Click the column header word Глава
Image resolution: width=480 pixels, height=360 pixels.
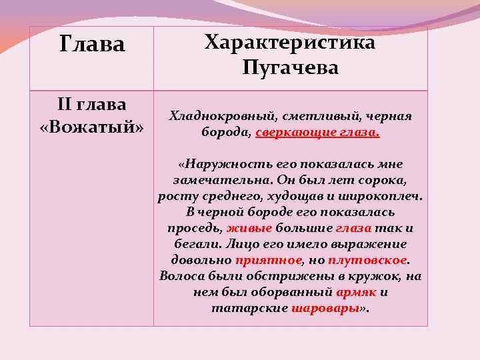tap(92, 45)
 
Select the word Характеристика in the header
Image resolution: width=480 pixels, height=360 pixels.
tap(290, 43)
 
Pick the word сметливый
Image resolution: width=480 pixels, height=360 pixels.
tap(301, 116)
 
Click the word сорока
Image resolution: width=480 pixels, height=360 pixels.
tap(383, 180)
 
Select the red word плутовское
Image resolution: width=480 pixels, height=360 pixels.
tap(378, 260)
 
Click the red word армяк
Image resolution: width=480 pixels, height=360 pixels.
tap(357, 292)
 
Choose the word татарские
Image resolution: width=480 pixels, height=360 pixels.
tap(250, 308)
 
